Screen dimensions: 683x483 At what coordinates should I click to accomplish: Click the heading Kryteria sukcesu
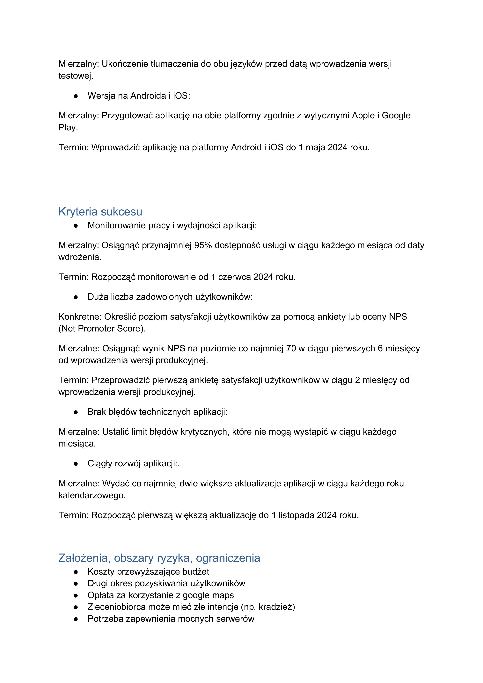point(100,212)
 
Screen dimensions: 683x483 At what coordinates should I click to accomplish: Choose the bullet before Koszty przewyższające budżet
point(76,572)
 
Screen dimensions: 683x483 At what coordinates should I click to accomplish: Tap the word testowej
point(76,76)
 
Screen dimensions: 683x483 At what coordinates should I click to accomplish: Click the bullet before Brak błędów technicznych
point(76,412)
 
